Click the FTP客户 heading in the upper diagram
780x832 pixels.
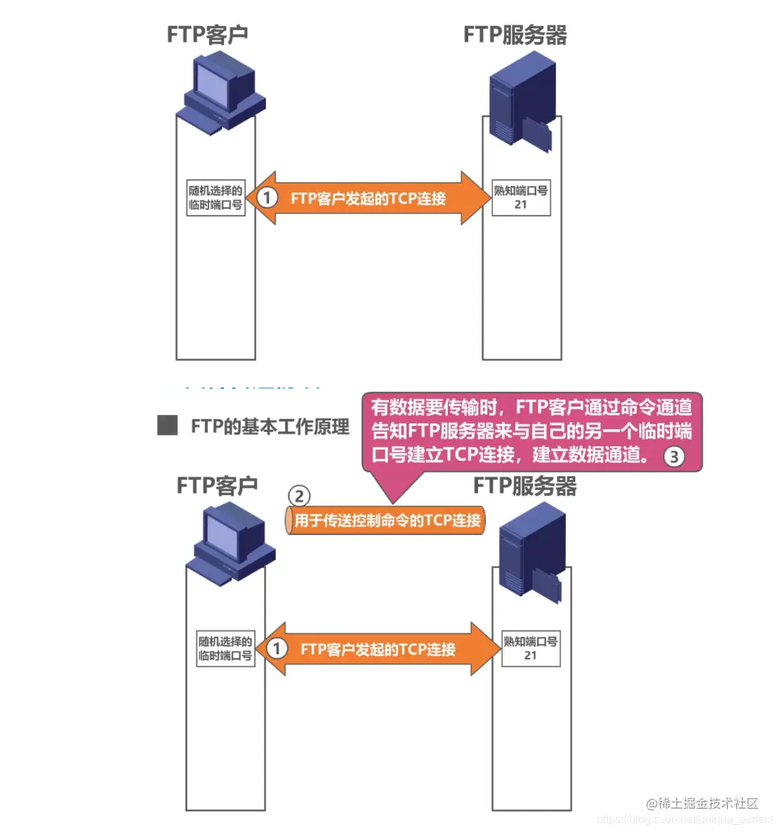pos(207,34)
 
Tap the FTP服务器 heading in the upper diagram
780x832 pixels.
pos(515,34)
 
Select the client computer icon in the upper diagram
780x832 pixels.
pos(220,93)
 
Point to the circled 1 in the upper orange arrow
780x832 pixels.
pos(267,197)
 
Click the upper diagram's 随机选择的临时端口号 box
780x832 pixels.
pos(216,197)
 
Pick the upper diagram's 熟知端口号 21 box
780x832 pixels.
pos(520,197)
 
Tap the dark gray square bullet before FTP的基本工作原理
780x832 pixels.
pos(167,425)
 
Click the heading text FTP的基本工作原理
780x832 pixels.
pos(270,426)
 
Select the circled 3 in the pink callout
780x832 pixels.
pos(673,456)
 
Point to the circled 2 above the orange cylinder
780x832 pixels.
pos(299,496)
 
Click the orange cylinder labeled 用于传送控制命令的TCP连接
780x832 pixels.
pos(385,520)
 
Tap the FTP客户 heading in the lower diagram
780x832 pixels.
pos(217,485)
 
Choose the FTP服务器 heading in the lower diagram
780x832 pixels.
pos(524,485)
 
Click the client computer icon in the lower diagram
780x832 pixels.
pos(230,544)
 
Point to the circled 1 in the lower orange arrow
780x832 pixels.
pos(277,648)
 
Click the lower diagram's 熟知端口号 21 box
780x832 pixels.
pos(530,648)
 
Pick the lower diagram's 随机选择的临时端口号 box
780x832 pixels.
pos(225,648)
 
